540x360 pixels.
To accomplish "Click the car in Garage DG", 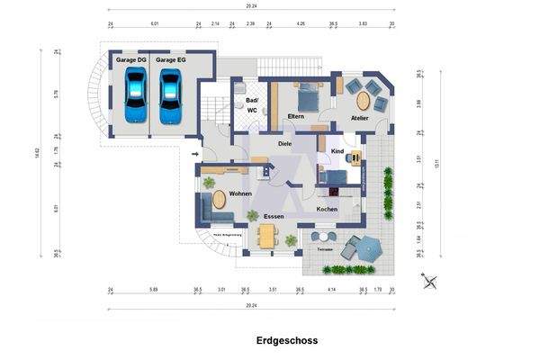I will [x=135, y=94].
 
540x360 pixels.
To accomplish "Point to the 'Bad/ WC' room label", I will [x=252, y=105].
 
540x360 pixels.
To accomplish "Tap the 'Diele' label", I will [x=285, y=143].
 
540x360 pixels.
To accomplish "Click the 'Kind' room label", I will [x=337, y=151].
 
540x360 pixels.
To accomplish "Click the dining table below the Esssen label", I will [x=266, y=236].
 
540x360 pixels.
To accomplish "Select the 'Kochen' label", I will [x=327, y=209].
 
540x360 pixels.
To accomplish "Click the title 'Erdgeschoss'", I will [x=287, y=341].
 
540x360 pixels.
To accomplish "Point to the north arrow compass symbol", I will [x=431, y=281].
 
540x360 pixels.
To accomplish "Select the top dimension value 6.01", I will [x=155, y=23].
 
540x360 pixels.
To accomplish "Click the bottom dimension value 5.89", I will [x=153, y=290].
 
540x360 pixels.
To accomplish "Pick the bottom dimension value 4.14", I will [x=331, y=290].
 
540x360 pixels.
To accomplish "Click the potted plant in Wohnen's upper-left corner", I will [x=209, y=183].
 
